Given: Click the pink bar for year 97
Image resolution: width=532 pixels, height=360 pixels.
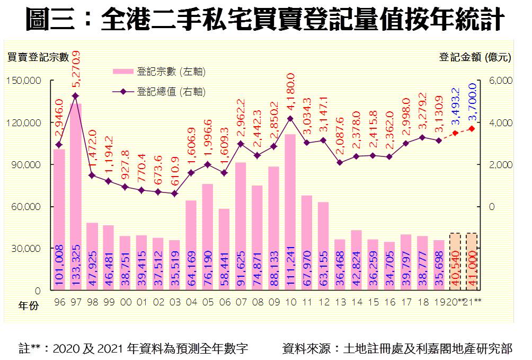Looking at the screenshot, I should click(x=75, y=196).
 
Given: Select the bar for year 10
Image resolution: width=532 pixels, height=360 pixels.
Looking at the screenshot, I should click(x=290, y=212).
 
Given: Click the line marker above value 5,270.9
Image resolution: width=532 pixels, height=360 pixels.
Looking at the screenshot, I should click(x=75, y=95).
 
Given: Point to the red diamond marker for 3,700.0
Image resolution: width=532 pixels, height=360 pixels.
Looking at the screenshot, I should click(x=472, y=129).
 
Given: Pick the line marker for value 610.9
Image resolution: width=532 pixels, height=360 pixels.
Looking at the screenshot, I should click(x=174, y=194).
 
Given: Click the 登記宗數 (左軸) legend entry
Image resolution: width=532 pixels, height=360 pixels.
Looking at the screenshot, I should click(x=159, y=72).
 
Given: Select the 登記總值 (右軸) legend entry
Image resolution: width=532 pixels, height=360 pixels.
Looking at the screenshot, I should click(x=159, y=92).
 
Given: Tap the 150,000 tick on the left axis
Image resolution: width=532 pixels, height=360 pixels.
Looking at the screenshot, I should click(x=23, y=81).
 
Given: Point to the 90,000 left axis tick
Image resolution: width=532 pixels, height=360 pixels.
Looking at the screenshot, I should click(x=25, y=165).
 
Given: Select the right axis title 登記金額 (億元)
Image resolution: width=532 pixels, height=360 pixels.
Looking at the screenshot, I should click(x=475, y=58).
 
